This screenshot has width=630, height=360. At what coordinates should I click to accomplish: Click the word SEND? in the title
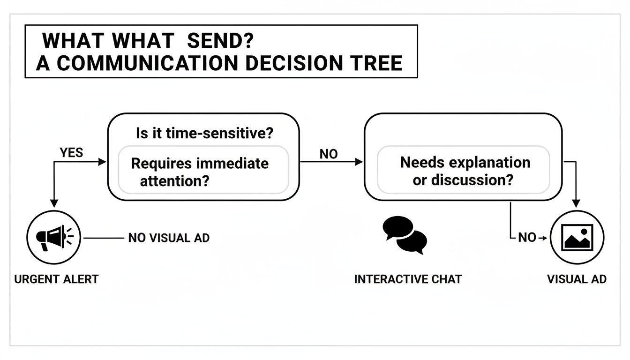pos(220,41)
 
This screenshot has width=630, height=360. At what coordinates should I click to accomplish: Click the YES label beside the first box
pos(71,152)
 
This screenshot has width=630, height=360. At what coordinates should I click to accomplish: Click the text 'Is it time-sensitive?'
pos(204,134)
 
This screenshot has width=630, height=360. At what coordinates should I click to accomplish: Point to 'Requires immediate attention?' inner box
pos(203,171)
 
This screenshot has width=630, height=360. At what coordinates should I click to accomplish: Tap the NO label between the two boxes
pos(328,154)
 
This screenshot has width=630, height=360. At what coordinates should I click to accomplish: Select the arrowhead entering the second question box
pos(359,162)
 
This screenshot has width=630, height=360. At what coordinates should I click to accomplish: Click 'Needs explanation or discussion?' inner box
pos(464,171)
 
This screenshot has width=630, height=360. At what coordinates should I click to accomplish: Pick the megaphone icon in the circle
pos(54,237)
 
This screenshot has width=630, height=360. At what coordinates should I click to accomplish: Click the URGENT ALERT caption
pos(56,279)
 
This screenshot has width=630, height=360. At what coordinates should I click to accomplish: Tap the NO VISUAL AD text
pos(169,238)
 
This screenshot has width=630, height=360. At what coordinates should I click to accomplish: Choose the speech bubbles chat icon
pos(405,235)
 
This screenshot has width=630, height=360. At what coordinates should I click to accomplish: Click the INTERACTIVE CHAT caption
pos(408,279)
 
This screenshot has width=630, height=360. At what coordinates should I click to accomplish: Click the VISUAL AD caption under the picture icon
pos(577,279)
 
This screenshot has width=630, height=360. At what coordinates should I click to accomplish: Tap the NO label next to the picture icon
pos(527,238)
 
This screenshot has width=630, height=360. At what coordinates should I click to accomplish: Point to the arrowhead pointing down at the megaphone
pos(54,203)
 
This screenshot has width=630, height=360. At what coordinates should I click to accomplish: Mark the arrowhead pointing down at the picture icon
pos(577,203)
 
